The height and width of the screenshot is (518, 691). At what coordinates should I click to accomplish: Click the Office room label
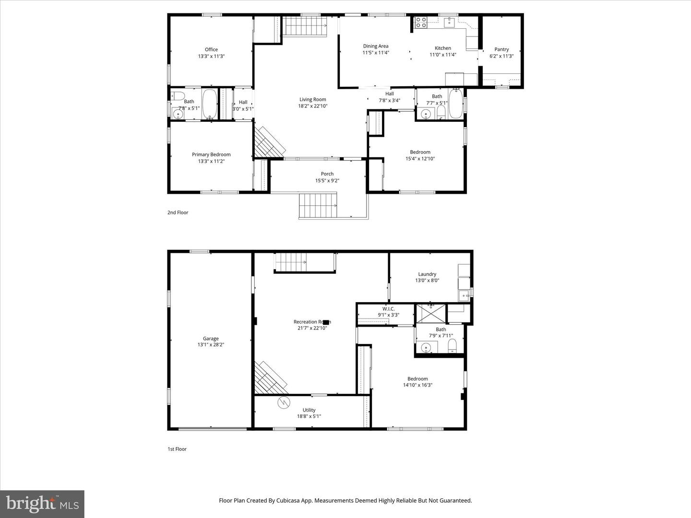click(211, 49)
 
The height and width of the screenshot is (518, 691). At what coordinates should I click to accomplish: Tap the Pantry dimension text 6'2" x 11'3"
click(501, 56)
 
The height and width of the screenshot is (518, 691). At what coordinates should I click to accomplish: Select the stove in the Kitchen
click(421, 23)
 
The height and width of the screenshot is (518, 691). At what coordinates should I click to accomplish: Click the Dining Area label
click(375, 46)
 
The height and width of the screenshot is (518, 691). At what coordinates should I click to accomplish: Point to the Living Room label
click(312, 99)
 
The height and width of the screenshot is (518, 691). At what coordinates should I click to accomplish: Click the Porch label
click(327, 174)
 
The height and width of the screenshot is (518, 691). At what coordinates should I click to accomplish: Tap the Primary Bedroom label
click(211, 154)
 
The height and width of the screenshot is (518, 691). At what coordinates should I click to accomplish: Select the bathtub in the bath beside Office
click(210, 104)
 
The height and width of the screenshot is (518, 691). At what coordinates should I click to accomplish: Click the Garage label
click(211, 338)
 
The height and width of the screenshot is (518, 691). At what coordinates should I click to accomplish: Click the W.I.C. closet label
click(388, 308)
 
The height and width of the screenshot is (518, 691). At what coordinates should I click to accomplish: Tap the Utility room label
click(309, 410)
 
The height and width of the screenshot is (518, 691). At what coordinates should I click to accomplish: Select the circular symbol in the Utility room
click(284, 402)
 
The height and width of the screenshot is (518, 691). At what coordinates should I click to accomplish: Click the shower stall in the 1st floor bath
click(430, 313)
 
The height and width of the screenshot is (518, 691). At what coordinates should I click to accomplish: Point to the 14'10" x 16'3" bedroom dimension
click(417, 385)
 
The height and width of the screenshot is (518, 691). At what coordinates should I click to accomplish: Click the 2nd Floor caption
click(178, 212)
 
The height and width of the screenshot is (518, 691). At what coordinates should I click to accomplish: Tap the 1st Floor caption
click(177, 449)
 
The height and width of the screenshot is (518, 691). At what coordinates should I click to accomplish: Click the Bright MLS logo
click(42, 504)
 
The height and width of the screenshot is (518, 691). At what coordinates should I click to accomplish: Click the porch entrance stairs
click(318, 206)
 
